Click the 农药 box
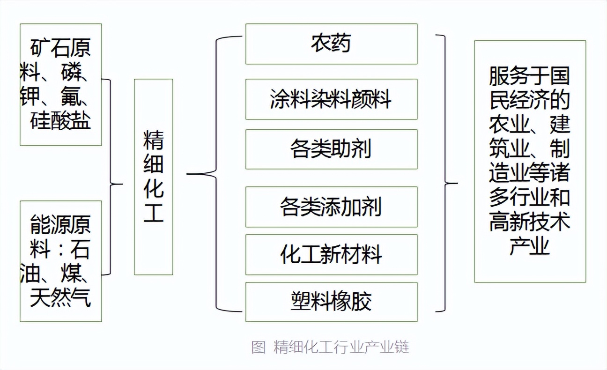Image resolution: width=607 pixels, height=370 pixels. point(331,44)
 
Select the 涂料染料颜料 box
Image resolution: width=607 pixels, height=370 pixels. point(331,99)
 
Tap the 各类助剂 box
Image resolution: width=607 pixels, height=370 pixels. point(331,149)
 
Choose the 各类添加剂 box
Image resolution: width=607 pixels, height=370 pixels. point(331,207)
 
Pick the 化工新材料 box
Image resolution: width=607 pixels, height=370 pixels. point(331,254)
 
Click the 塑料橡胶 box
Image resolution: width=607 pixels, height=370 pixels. point(331,302)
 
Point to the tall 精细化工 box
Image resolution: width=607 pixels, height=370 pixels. point(153,177)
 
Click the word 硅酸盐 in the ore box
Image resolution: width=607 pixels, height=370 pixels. point(60,120)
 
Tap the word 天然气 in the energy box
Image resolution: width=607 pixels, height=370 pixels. point(60,298)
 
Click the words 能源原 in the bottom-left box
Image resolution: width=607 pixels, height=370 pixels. point(60,225)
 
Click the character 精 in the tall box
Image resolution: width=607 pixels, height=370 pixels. point(153,140)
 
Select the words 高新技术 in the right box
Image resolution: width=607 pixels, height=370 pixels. point(529,222)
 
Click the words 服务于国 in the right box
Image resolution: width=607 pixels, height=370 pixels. point(529,76)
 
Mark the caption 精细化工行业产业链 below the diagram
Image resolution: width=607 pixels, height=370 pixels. point(341,348)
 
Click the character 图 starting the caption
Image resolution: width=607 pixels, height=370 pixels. point(258,348)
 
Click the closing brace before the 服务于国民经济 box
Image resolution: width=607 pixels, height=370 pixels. point(445,173)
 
